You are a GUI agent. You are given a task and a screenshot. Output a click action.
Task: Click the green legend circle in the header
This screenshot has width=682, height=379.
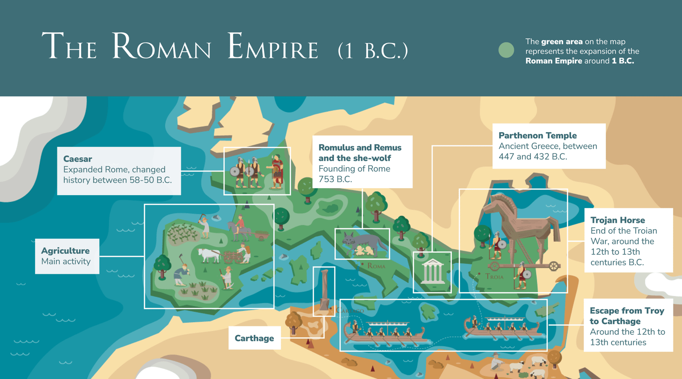(506, 51)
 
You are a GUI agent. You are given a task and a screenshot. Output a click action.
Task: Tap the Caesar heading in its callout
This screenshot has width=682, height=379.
(78, 159)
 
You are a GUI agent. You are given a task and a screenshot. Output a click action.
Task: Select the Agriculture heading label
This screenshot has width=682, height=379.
(65, 251)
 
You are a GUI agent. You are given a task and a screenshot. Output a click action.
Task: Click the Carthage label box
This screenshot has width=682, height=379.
(254, 338)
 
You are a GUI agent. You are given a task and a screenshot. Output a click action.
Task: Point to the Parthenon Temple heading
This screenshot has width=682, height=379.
(538, 135)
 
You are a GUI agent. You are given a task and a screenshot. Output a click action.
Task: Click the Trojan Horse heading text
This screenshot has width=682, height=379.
(618, 220)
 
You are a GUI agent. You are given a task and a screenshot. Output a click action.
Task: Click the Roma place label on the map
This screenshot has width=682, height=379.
(377, 266)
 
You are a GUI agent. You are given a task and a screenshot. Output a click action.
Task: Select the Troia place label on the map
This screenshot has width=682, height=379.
(494, 276)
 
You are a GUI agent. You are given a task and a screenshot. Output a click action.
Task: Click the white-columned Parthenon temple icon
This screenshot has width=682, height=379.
(432, 271)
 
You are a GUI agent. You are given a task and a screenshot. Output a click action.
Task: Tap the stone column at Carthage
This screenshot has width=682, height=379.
(324, 289)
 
